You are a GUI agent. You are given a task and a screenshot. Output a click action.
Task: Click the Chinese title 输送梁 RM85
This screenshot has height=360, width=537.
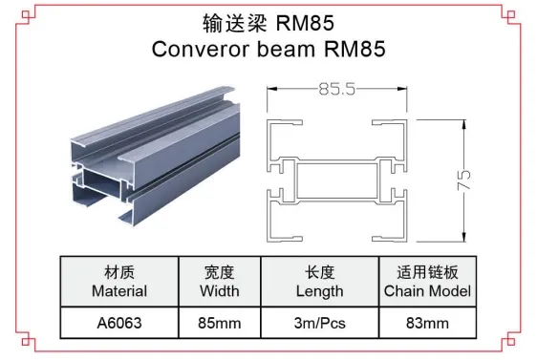pyautogui.click(x=268, y=22)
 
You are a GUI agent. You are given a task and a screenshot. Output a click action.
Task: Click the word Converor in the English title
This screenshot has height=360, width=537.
pyautogui.click(x=198, y=49)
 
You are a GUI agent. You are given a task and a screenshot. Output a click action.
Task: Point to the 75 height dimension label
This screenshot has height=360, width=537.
pyautogui.click(x=467, y=180)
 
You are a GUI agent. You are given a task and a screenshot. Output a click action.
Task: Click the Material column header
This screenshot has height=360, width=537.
pyautogui.click(x=119, y=290)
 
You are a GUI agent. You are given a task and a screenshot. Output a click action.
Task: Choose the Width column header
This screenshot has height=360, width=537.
pyautogui.click(x=220, y=290)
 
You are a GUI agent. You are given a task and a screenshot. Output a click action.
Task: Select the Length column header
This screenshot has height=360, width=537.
pyautogui.click(x=319, y=290)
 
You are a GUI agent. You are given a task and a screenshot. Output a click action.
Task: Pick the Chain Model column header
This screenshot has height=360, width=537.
pyautogui.click(x=426, y=290)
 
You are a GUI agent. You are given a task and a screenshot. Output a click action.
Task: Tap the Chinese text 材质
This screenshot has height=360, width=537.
pyautogui.click(x=119, y=272)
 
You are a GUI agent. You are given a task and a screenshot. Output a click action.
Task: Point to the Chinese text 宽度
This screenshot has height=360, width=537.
pyautogui.click(x=220, y=272)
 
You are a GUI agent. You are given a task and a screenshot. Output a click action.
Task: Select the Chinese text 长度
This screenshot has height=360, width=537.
pyautogui.click(x=319, y=272)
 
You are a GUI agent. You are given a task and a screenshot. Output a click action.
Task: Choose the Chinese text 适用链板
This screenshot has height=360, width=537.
pyautogui.click(x=426, y=272)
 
